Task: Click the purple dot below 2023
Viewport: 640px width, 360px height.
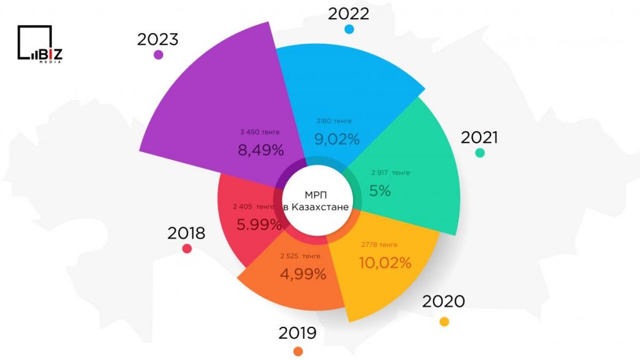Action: coord(158,54)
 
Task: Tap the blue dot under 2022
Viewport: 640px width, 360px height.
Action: coord(349,29)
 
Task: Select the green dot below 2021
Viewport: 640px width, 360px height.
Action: coord(479,152)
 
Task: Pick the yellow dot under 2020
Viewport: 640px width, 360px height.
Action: coord(444,321)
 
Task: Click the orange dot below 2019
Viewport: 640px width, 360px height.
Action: coord(298,351)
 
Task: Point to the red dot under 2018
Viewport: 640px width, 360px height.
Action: coord(186,249)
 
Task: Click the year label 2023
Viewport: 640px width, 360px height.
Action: coord(157,39)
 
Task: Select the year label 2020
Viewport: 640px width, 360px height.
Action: coord(443,301)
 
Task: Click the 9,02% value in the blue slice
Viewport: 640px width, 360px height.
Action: coord(336,139)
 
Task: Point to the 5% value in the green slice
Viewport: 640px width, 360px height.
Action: coord(380,191)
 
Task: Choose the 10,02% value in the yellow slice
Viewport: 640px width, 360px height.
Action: coord(385,262)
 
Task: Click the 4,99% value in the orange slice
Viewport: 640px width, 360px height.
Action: coord(303,273)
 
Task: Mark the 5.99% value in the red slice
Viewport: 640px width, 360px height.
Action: coord(257,224)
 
